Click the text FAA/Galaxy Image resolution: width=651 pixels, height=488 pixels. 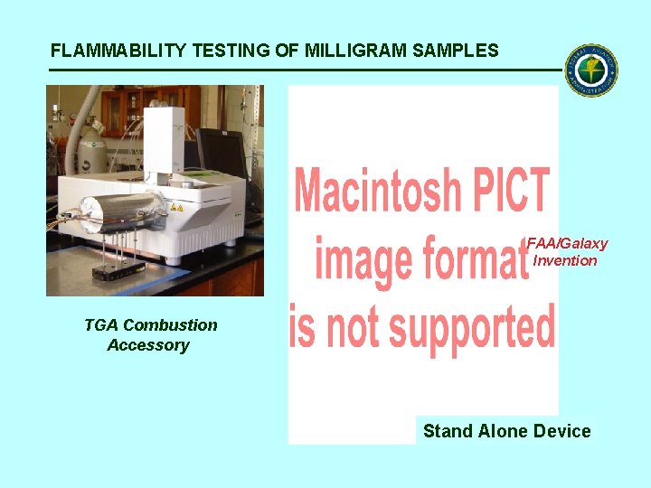[567, 243]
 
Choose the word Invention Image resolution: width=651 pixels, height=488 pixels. [565, 260]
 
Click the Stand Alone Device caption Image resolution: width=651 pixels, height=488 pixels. [506, 431]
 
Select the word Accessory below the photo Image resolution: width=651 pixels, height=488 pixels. [147, 344]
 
